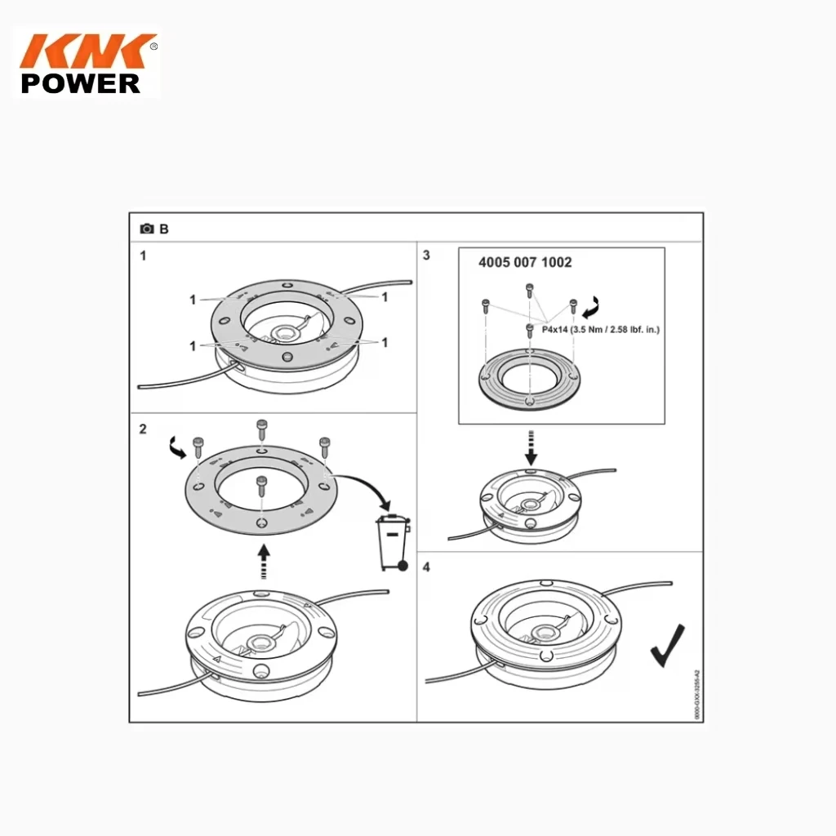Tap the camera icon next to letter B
(x=147, y=229)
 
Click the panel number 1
(x=143, y=256)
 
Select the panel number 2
(x=143, y=429)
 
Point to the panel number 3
(x=426, y=256)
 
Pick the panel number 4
(x=426, y=565)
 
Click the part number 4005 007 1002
(x=524, y=263)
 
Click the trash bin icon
(x=394, y=541)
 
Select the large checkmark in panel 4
(x=667, y=645)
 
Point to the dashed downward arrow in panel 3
(x=531, y=445)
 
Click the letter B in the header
(x=164, y=229)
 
